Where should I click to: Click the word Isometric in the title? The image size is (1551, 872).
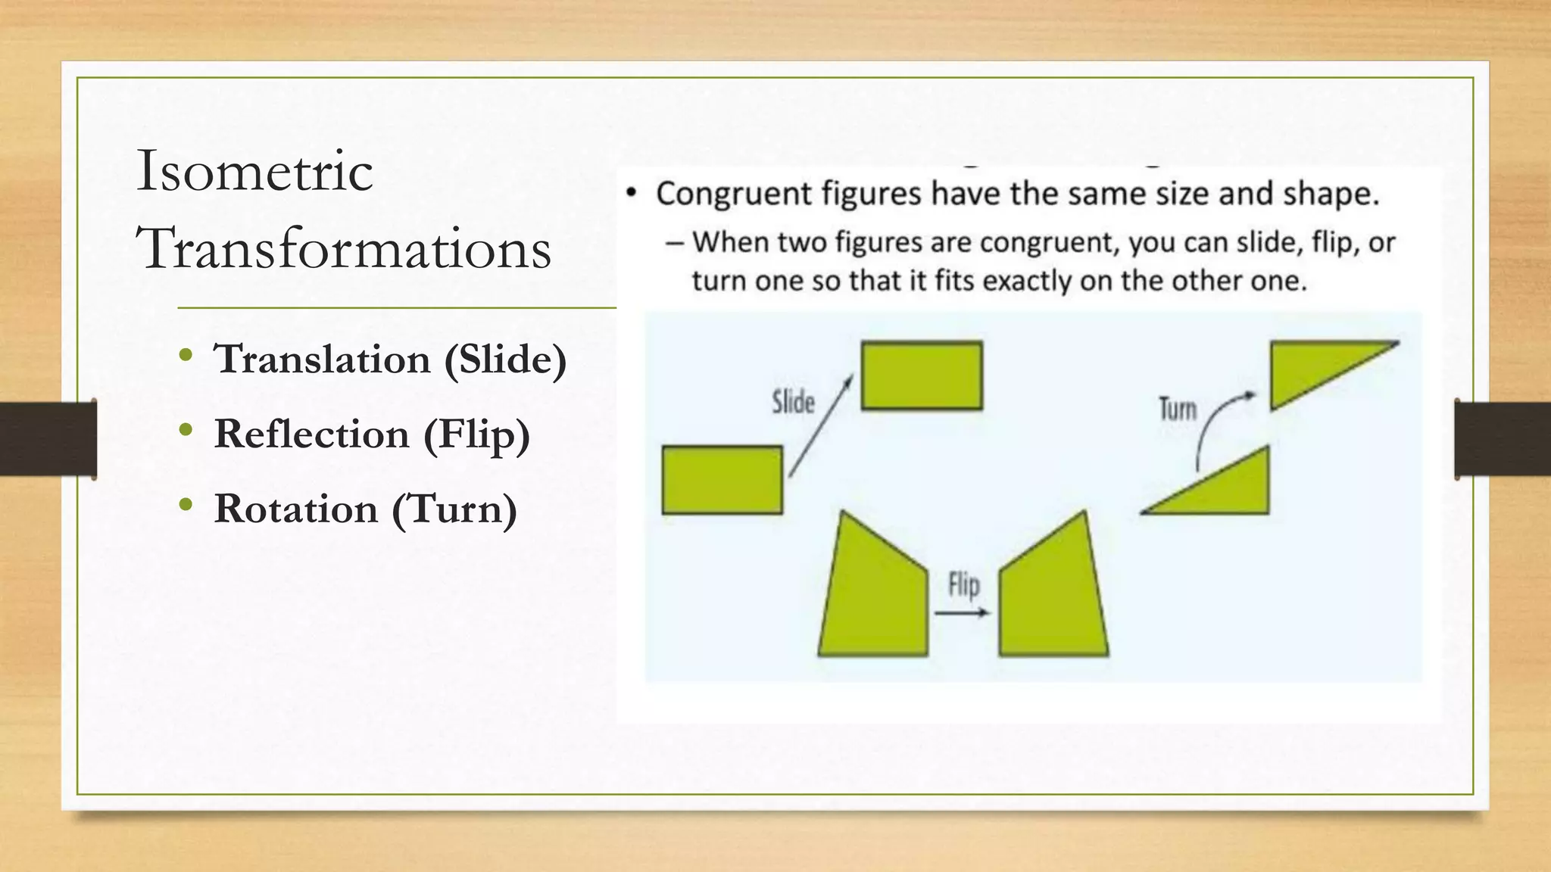click(x=254, y=171)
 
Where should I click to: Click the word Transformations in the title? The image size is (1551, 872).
click(x=343, y=248)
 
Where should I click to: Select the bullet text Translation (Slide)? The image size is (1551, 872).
click(x=390, y=359)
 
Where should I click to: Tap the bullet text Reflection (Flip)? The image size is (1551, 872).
click(x=372, y=434)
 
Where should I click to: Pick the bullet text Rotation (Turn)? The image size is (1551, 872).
click(x=366, y=509)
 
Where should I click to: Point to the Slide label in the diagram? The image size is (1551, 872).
click(x=793, y=402)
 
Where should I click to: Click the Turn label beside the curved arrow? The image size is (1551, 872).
click(x=1178, y=410)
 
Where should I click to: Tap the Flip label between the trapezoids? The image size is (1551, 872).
click(x=964, y=584)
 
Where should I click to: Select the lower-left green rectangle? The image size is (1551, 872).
click(x=722, y=480)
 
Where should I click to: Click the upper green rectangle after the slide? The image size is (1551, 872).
click(x=922, y=376)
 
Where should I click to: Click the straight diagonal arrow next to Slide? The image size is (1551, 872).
click(x=821, y=426)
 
